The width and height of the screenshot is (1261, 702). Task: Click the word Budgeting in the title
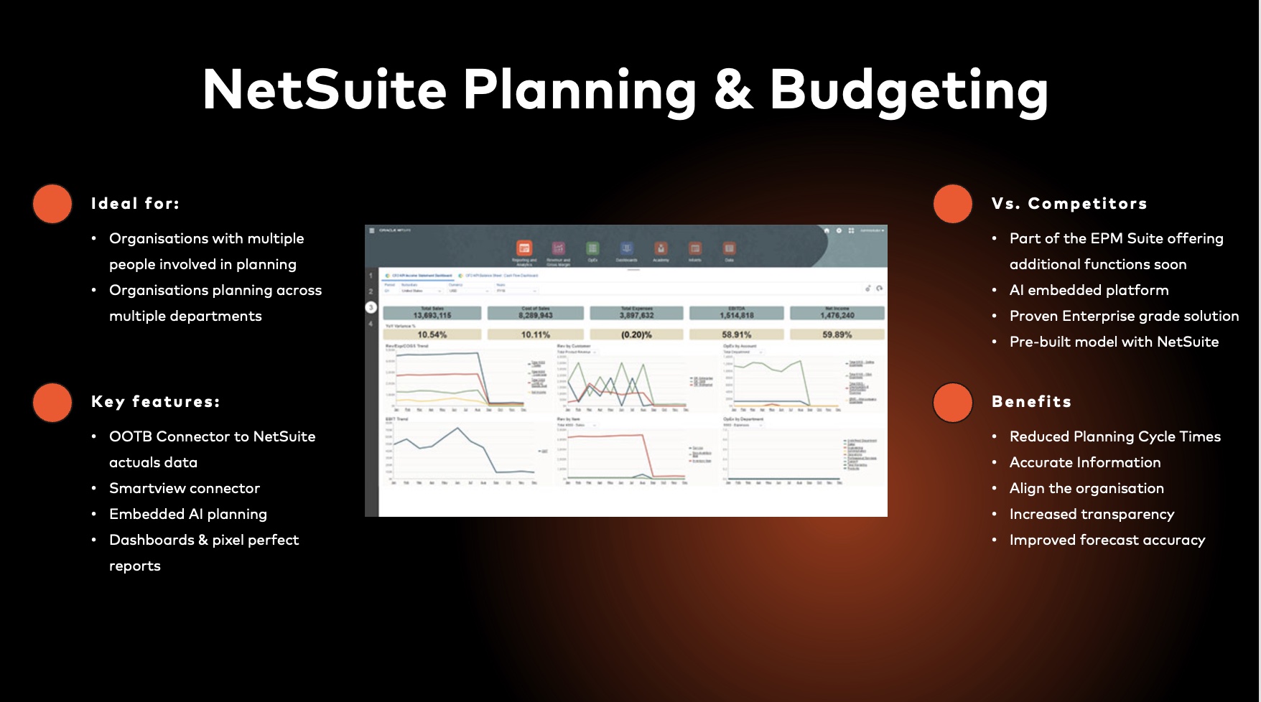tap(908, 90)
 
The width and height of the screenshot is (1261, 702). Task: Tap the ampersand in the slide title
tap(733, 90)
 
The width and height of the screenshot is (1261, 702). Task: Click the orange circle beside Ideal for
tap(52, 204)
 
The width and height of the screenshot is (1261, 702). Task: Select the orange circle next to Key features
tap(52, 402)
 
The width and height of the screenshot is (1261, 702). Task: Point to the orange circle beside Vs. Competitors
tap(953, 204)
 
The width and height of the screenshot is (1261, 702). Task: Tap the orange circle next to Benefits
tap(953, 402)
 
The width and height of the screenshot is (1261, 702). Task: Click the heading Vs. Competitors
tap(1069, 204)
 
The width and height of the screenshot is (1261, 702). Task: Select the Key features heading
tap(155, 402)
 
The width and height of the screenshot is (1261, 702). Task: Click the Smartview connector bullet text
tap(185, 488)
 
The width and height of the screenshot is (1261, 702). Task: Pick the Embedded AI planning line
tap(188, 514)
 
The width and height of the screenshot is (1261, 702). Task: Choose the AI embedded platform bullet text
tap(1089, 290)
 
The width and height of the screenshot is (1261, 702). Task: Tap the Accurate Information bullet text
tap(1085, 462)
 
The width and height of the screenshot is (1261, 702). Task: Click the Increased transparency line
tap(1092, 514)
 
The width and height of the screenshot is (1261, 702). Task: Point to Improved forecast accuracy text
tap(1107, 540)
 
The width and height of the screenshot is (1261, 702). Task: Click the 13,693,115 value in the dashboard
tap(432, 315)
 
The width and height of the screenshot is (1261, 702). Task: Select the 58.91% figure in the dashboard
tap(737, 334)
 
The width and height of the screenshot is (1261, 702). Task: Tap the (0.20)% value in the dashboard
tap(636, 334)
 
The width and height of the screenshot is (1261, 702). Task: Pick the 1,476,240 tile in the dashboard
tap(837, 315)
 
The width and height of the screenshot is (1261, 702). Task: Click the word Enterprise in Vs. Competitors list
tap(1104, 316)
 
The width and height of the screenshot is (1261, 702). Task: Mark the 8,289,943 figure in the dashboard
tap(536, 315)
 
